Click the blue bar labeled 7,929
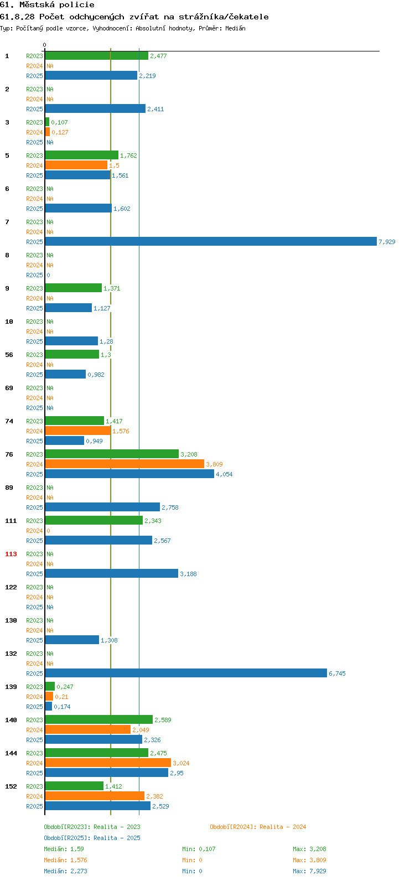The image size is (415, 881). [211, 241]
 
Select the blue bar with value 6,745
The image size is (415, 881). [186, 673]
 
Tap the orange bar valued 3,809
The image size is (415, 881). [124, 464]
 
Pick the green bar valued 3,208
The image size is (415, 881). [112, 454]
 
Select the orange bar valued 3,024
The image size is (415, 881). [108, 763]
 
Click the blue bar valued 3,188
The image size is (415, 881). [112, 573]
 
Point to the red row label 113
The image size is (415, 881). [11, 554]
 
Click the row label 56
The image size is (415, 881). [9, 355]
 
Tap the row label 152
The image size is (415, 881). [11, 786]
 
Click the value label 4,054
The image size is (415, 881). [224, 474]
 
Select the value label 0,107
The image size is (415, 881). [59, 122]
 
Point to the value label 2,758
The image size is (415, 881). [170, 507]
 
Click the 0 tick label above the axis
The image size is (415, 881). [44, 45]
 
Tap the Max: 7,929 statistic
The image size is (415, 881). [309, 871]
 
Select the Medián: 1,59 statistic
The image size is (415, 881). [64, 849]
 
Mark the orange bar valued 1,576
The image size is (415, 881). [78, 431]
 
